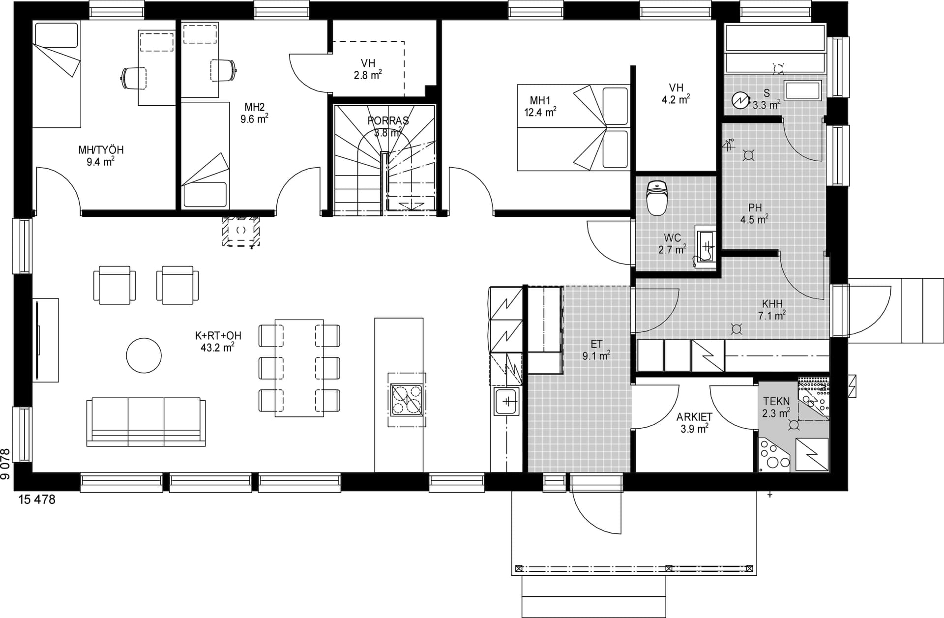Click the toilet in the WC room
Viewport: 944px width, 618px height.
click(657, 198)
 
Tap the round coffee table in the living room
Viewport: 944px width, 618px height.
click(144, 355)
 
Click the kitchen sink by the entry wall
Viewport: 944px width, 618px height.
click(506, 402)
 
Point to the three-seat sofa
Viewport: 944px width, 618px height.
click(146, 422)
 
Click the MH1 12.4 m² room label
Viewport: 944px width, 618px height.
click(540, 106)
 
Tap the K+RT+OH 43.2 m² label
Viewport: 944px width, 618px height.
click(218, 342)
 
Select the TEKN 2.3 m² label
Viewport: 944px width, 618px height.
click(776, 408)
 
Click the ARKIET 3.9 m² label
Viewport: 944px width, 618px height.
click(694, 423)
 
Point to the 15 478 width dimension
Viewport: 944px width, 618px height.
click(37, 500)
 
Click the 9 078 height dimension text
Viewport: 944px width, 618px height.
click(5, 464)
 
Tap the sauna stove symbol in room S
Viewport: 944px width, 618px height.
click(739, 100)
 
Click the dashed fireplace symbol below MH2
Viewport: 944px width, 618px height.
click(241, 230)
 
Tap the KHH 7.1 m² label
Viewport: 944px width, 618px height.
click(772, 310)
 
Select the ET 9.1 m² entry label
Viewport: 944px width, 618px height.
click(596, 350)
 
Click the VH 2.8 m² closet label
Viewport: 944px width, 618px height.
click(368, 69)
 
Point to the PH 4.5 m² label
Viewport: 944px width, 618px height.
click(755, 213)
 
